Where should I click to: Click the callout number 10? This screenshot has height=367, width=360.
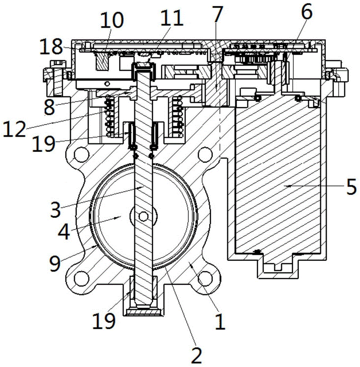(x=112, y=20)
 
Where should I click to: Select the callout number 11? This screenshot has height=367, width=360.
(x=172, y=18)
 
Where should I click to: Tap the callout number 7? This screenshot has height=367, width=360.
(x=217, y=14)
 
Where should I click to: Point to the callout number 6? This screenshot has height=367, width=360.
(x=307, y=11)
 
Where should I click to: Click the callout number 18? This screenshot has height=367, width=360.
(x=51, y=47)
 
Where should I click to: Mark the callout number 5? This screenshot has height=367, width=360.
(x=351, y=186)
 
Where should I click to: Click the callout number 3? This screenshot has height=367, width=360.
(x=55, y=209)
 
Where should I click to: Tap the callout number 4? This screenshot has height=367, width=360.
(x=64, y=232)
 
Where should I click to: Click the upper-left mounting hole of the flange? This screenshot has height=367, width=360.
(x=81, y=155)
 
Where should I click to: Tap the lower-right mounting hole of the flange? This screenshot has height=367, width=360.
(x=205, y=278)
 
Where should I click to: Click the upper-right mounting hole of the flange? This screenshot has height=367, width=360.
(x=205, y=155)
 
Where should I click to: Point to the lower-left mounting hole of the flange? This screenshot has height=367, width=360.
(x=81, y=278)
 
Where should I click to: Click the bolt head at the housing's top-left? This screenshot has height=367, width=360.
(x=57, y=64)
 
